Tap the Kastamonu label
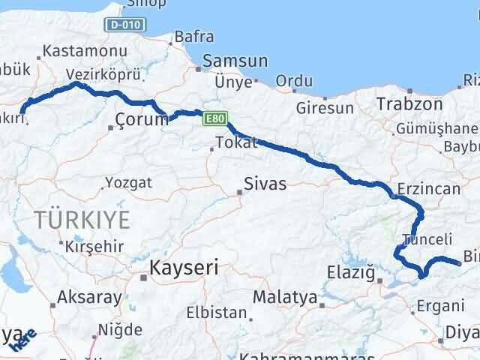[x=73, y=51]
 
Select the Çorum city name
[x=142, y=119]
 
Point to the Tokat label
[x=235, y=142]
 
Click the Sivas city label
[x=265, y=183]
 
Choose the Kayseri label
[x=184, y=267]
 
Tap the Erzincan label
[x=430, y=188]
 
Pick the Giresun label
[x=325, y=108]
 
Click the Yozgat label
[x=128, y=182]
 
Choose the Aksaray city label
[x=89, y=297]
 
